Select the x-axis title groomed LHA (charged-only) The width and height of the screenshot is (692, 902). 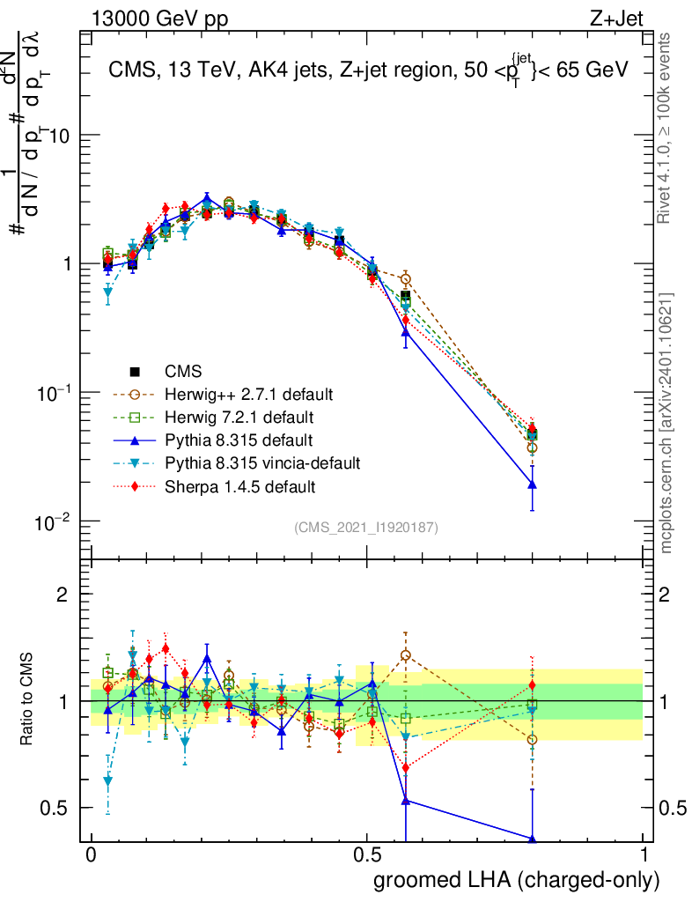[517, 880]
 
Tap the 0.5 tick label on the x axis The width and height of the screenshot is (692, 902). [367, 855]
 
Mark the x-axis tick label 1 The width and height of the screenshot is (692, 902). [643, 855]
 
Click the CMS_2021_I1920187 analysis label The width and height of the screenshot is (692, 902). [366, 527]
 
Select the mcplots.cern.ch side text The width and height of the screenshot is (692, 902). [667, 423]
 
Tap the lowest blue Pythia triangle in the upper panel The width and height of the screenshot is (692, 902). [532, 484]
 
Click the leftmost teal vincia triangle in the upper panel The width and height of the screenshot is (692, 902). [108, 292]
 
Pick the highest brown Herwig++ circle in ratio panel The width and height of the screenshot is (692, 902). [405, 654]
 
